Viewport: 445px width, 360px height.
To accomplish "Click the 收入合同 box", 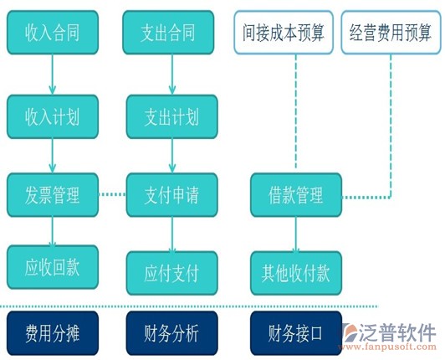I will click(53, 34).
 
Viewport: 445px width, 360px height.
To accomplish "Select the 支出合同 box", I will click(170, 34).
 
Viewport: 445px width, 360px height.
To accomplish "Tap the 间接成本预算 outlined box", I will click(284, 33).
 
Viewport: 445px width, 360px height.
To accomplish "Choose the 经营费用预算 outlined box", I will click(389, 33).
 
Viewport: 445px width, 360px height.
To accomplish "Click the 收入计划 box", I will click(53, 116).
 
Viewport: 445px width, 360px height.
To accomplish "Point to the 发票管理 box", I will click(53, 196).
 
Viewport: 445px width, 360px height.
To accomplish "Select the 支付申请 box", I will click(171, 196).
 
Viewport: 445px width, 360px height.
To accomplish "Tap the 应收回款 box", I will click(53, 268).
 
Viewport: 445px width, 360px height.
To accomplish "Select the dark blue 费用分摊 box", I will click(53, 334).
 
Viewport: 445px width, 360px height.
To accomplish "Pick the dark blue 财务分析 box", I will click(171, 334).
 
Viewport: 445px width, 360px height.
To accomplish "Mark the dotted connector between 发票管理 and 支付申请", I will click(112, 195).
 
